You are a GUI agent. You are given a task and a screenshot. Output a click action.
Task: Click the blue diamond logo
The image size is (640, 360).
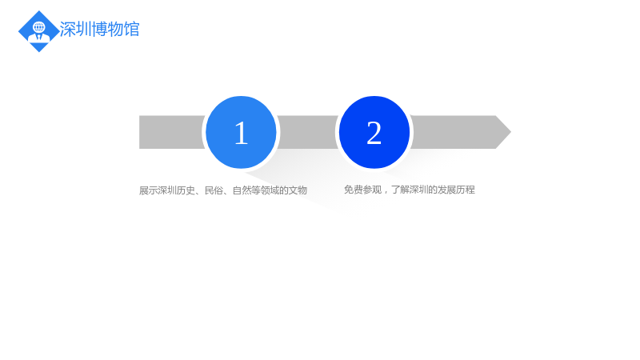coord(38,31)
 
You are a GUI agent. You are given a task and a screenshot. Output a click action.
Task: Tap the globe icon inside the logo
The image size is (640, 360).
coord(39,27)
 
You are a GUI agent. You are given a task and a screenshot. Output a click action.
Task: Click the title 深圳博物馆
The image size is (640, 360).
coord(99,30)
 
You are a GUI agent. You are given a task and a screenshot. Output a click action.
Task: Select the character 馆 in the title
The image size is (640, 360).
coord(131,30)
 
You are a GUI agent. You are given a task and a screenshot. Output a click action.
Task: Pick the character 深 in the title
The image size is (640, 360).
coord(67,30)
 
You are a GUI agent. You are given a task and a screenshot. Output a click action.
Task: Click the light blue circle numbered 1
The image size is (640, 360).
coord(241,132)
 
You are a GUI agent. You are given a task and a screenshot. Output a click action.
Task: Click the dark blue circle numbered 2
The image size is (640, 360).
coord(374,132)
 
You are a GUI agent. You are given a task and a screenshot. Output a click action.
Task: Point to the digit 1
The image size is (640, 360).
coord(242,133)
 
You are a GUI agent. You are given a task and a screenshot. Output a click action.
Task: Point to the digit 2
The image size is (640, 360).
coord(374,133)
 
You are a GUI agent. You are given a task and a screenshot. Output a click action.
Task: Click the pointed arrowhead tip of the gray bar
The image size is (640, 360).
coord(510,132)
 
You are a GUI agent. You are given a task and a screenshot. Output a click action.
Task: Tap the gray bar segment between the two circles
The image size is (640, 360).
coord(308,132)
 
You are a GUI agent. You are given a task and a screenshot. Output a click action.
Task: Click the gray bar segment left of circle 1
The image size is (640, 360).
coord(172,132)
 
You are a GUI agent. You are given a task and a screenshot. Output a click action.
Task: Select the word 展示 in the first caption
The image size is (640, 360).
coord(148,190)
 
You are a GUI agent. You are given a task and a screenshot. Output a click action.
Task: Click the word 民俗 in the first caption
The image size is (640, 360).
coord(214,190)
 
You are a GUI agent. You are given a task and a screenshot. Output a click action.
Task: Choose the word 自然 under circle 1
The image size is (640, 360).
coord(242,190)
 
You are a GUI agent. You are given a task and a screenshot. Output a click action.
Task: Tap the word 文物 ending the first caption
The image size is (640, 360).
coord(298,190)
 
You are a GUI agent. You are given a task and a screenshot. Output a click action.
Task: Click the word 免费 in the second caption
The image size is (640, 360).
coord(353,190)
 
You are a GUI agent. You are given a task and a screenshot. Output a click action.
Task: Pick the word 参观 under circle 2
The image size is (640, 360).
coord(372,190)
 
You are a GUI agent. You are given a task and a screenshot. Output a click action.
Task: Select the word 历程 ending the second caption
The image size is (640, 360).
coord(466,190)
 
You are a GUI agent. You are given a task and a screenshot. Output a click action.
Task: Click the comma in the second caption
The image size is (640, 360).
coord(385,192)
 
